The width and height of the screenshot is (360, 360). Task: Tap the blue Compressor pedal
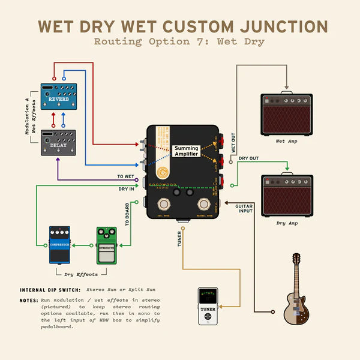pyautogui.click(x=59, y=245)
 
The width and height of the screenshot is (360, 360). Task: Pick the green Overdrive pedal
pyautogui.click(x=107, y=245)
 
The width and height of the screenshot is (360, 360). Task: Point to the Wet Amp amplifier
pyautogui.click(x=287, y=114)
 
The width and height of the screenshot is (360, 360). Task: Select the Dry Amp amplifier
pyautogui.click(x=287, y=197)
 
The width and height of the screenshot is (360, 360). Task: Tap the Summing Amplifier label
pyautogui.click(x=187, y=151)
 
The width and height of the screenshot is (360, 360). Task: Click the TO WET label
pyautogui.click(x=125, y=176)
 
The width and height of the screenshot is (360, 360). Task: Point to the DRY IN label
pyautogui.click(x=127, y=188)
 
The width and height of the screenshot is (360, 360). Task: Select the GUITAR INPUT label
pyautogui.click(x=244, y=209)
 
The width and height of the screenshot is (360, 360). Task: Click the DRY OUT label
pyautogui.click(x=249, y=159)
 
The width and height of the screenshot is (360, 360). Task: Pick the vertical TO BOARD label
pyautogui.click(x=127, y=214)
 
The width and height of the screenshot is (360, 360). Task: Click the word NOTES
pyautogui.click(x=28, y=299)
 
